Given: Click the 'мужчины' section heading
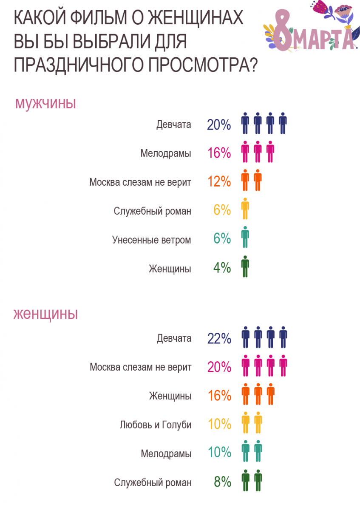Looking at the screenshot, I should (45, 103).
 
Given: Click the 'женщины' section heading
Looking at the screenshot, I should (45, 314).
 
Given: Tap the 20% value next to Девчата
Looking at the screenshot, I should (219, 125).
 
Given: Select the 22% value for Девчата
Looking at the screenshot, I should (219, 339).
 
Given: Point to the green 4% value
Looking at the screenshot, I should (222, 268).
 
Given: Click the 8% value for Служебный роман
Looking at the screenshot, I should (222, 482).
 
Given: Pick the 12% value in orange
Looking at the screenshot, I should (219, 182).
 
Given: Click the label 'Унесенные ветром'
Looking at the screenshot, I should (152, 240).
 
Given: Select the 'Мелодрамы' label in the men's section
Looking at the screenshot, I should (166, 153).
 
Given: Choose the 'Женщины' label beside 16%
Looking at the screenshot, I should (170, 396).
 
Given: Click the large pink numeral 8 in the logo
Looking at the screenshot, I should (280, 30).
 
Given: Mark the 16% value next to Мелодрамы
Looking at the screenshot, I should (219, 153).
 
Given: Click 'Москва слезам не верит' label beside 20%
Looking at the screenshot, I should (140, 367).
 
